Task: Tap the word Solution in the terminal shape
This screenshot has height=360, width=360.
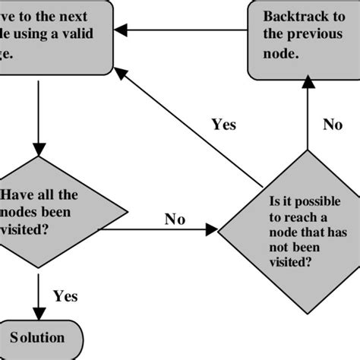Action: coord(37,337)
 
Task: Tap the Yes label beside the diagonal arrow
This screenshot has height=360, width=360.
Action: coord(224,125)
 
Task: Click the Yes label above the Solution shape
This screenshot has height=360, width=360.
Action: coord(65,296)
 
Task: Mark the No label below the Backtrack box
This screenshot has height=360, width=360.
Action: coord(332,125)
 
